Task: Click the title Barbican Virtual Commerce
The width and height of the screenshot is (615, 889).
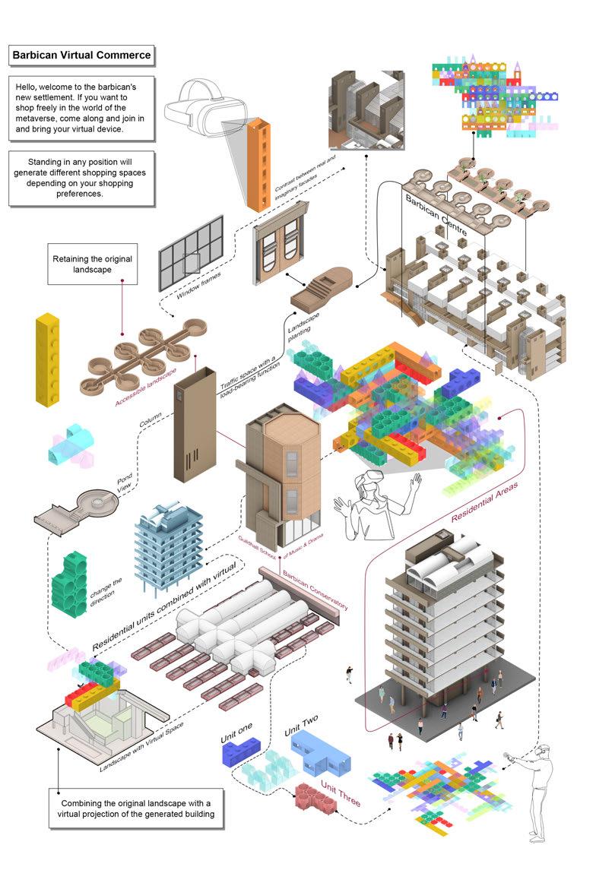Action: coord(81,55)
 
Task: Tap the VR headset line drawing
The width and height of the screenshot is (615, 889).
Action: coord(196,111)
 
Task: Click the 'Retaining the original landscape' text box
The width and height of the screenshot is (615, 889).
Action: coord(92,264)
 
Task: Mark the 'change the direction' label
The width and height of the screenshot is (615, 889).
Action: coord(106,590)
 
